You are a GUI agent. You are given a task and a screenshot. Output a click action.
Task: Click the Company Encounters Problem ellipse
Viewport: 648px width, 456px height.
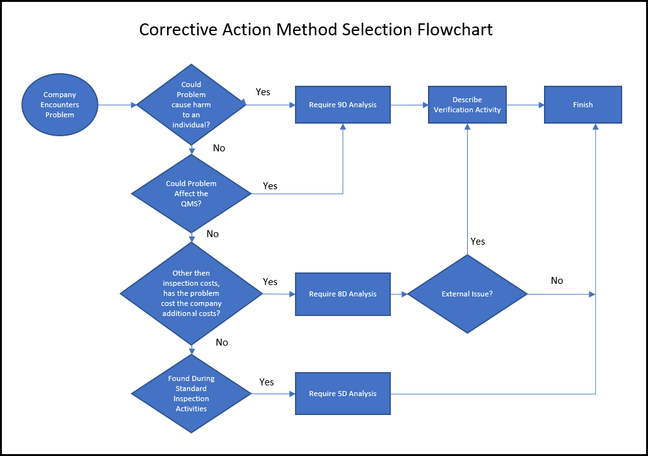[x=59, y=105]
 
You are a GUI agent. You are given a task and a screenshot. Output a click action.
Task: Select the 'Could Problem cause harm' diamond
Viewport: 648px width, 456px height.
[x=191, y=105]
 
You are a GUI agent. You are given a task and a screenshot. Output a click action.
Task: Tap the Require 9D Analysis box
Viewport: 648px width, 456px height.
[x=343, y=105]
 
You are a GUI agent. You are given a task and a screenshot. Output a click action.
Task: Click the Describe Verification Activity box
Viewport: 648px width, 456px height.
[x=467, y=105]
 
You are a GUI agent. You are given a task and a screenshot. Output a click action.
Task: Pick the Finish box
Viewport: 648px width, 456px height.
[x=582, y=105]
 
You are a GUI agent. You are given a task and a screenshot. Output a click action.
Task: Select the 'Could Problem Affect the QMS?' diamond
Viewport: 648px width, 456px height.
[x=191, y=194]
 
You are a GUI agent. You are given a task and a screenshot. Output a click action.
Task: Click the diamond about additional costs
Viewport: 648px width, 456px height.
[x=191, y=294]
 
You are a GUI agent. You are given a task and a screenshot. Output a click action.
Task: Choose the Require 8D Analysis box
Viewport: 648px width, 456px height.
[x=343, y=294]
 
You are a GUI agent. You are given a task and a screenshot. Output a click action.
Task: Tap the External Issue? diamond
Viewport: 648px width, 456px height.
[x=467, y=294]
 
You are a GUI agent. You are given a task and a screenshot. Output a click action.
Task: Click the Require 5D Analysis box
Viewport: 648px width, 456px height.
[x=343, y=394]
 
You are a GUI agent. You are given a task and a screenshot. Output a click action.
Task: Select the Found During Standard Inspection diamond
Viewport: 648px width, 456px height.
[x=191, y=394]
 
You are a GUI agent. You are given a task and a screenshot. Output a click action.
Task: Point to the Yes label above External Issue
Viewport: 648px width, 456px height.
[x=478, y=242]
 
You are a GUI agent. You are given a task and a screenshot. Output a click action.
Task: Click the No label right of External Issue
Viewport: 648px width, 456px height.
[x=557, y=281]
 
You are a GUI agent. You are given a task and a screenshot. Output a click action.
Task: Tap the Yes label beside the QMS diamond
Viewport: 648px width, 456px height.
[x=270, y=186]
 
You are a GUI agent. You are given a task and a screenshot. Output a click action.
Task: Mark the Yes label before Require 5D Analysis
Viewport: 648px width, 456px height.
[x=267, y=382]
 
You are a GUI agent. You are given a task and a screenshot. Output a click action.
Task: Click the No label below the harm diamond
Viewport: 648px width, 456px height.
[x=219, y=148]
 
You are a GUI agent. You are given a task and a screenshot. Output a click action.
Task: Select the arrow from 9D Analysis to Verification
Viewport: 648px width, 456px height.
[x=409, y=105]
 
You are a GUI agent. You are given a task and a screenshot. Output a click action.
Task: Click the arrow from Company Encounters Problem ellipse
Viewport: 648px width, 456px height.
[x=117, y=105]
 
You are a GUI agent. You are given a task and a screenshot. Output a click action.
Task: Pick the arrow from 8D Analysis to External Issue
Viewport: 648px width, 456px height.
[x=399, y=294]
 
